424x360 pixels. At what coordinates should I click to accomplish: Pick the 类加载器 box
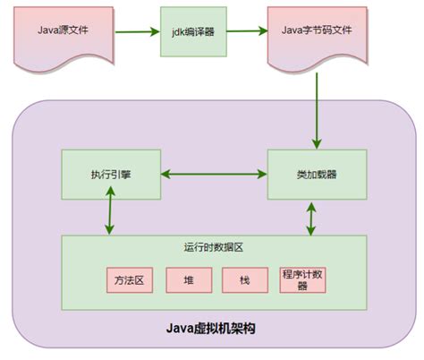pyautogui.click(x=318, y=174)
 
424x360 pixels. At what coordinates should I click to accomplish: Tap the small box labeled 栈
pyautogui.click(x=245, y=279)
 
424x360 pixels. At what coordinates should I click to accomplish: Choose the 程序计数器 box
pyautogui.click(x=301, y=279)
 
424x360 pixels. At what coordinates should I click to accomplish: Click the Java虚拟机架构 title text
pyautogui.click(x=211, y=328)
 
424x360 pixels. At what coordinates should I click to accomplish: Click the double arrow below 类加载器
pyautogui.click(x=311, y=218)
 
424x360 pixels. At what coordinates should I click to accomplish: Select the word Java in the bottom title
pyautogui.click(x=181, y=328)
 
